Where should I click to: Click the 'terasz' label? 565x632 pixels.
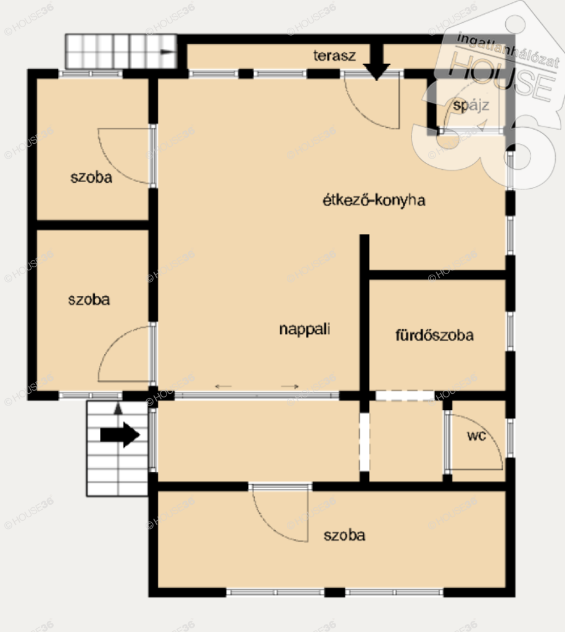(334, 55)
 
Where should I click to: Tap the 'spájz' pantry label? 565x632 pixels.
(471, 105)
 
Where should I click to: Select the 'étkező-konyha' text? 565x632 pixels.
(374, 200)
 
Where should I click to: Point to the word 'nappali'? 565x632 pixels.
(305, 329)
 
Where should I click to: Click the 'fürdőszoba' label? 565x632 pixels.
(434, 335)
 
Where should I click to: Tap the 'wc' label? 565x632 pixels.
(476, 435)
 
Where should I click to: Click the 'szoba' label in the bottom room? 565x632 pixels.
(344, 535)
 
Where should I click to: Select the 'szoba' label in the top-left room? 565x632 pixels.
(91, 177)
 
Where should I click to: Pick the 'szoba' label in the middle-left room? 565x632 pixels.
(89, 299)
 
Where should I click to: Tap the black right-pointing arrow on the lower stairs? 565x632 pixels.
(120, 435)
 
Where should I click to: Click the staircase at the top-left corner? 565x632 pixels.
(121, 52)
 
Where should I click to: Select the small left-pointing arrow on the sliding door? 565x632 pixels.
(223, 386)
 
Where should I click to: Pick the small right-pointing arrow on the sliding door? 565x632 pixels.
(290, 386)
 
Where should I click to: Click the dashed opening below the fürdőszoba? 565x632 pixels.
(405, 396)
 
